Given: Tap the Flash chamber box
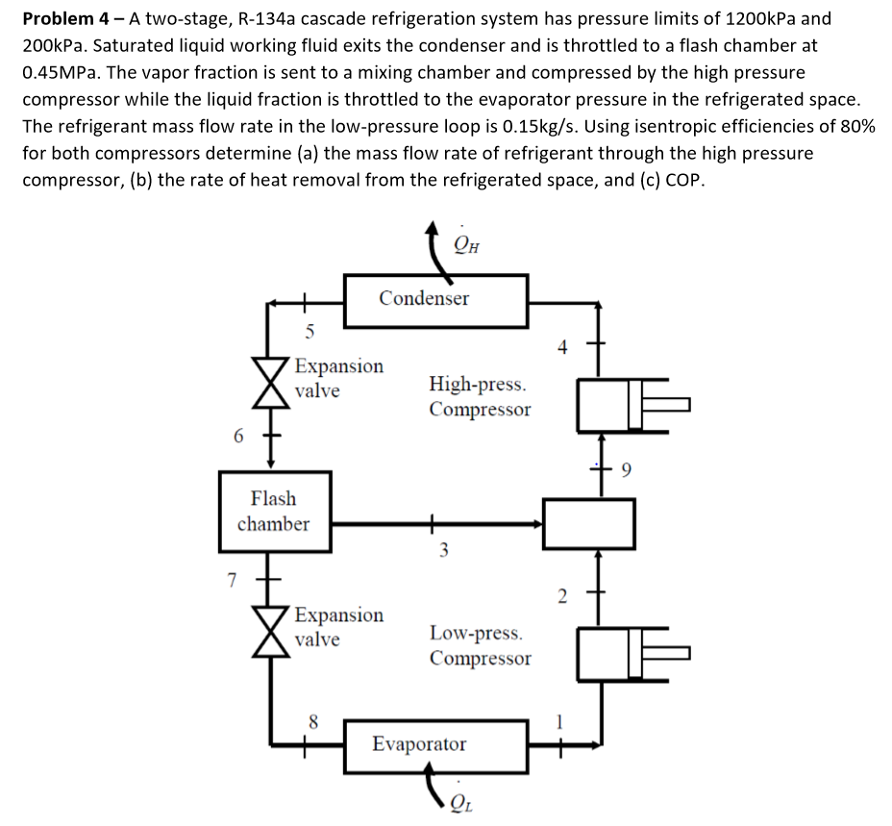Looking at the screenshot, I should point(274,511).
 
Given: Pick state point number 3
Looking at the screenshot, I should point(443,552).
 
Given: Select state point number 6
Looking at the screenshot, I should point(237,435).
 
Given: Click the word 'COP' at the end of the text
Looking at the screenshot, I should point(683,180).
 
